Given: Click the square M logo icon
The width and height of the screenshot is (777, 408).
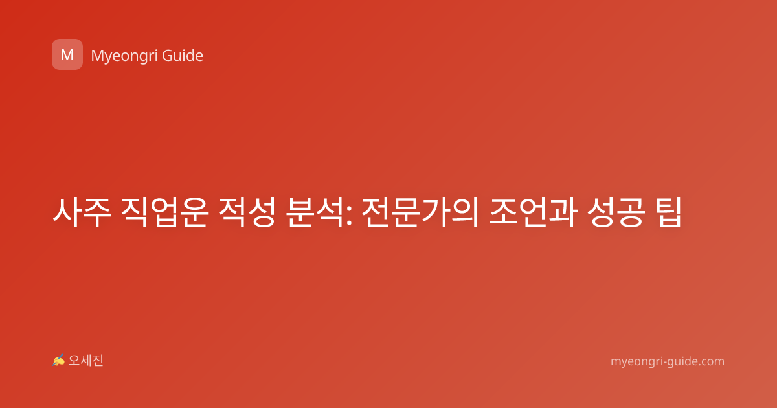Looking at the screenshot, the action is (x=67, y=54).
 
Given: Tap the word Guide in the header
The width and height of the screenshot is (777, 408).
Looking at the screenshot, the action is (x=183, y=55).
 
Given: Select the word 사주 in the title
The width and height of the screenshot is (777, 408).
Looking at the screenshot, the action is (x=82, y=212).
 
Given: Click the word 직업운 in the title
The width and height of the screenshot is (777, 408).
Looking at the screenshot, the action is (x=164, y=212).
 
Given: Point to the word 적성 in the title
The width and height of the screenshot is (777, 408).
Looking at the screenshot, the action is (x=247, y=212).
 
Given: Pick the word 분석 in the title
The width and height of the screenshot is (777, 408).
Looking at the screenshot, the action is (x=315, y=212).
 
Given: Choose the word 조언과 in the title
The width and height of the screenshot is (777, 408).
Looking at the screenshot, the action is (x=533, y=212).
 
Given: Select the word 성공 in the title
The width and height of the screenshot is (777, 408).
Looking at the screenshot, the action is (x=616, y=212).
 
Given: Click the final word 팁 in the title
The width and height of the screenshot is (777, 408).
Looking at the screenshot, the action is (x=668, y=212).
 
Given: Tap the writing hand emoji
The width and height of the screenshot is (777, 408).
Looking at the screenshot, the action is (x=58, y=360).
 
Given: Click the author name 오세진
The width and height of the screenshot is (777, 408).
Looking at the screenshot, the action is (x=85, y=361).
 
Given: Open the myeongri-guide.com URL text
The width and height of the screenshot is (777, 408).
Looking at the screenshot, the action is (x=668, y=361).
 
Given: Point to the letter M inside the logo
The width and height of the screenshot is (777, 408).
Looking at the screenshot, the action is (x=67, y=55).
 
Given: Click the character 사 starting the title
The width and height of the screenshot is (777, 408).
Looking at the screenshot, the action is (x=67, y=212).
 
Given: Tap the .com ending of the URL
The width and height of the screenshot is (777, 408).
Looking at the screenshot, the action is (x=710, y=362).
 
